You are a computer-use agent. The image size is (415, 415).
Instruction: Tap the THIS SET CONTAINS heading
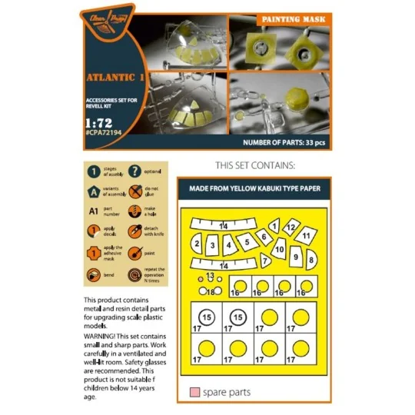click(256, 165)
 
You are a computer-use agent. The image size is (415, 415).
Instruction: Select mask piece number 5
click(247, 241)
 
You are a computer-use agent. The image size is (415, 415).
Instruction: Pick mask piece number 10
click(281, 249)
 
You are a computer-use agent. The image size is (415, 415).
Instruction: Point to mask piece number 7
click(266, 258)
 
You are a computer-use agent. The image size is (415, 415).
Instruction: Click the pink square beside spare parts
click(194, 393)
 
